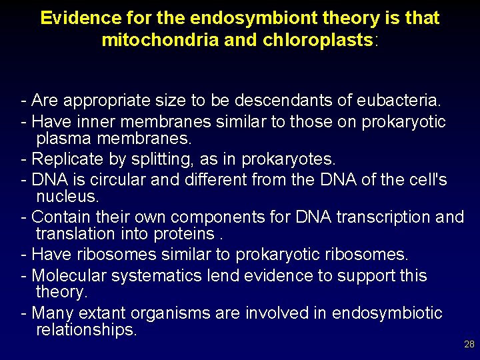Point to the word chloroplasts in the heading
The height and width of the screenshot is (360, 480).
point(319,40)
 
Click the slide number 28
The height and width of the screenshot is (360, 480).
point(469,344)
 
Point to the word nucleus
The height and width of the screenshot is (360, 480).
point(67,197)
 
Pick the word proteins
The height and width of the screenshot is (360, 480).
point(187,234)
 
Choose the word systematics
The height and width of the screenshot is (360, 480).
point(159,275)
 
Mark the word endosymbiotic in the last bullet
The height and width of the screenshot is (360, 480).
point(387,313)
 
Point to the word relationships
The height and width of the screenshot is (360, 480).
point(86,330)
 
